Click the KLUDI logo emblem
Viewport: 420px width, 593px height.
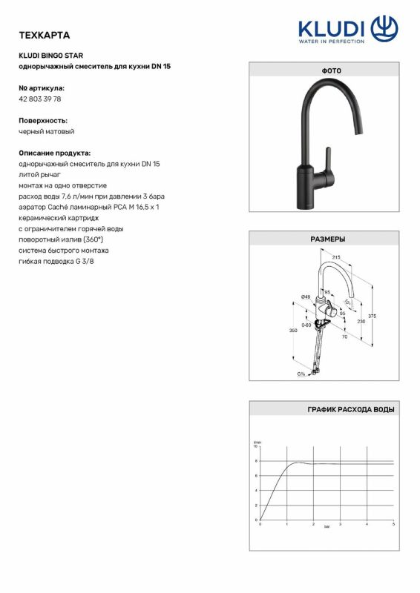[384, 29]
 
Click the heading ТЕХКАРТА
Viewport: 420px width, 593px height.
[44, 35]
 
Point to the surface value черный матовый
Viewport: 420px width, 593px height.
[46, 131]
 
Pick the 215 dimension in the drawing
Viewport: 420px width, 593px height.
[336, 257]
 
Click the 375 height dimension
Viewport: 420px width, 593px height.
[373, 317]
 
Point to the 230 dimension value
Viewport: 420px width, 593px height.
[361, 322]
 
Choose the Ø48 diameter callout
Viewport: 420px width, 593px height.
[305, 296]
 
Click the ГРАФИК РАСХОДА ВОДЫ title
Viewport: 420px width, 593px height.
[351, 409]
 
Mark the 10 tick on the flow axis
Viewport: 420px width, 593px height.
[256, 447]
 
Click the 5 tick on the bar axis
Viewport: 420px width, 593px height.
[393, 524]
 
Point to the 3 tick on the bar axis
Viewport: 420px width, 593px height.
[340, 524]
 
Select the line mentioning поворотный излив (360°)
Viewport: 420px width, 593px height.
[61, 239]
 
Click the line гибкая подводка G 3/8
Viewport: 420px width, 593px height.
[56, 262]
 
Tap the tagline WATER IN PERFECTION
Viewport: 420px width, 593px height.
[331, 42]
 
